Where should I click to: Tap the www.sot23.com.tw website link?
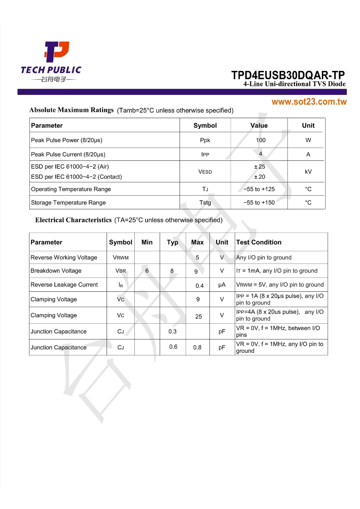(x=309, y=102)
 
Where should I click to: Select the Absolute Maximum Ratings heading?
(x=71, y=110)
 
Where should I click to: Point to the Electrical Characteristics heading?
(x=73, y=220)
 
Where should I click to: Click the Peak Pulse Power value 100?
(x=260, y=140)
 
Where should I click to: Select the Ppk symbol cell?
(x=205, y=140)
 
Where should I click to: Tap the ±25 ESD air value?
(x=260, y=167)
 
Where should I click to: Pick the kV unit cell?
(x=308, y=172)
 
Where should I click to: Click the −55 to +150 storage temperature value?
(x=259, y=203)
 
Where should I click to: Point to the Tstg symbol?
(x=205, y=203)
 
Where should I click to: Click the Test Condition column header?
(x=259, y=242)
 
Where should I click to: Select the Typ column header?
(x=173, y=242)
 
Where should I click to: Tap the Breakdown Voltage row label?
(x=56, y=271)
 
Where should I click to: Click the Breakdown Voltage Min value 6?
(x=147, y=271)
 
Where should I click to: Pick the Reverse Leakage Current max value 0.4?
(x=199, y=286)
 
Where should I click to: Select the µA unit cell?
(x=222, y=285)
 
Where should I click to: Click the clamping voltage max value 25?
(x=199, y=317)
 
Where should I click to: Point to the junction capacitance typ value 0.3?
(x=173, y=332)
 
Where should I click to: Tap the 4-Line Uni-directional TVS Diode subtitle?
(x=294, y=84)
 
